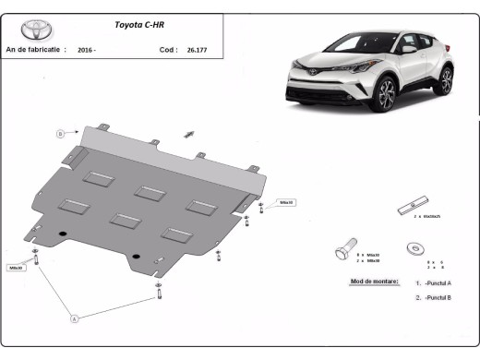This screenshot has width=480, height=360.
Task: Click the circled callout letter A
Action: pyautogui.click(x=74, y=318)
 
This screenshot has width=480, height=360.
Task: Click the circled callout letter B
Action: pyautogui.click(x=61, y=134)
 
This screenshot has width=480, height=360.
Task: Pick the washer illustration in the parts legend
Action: pyautogui.click(x=415, y=248)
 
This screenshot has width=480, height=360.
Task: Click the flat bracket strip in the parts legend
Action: pyautogui.click(x=414, y=205)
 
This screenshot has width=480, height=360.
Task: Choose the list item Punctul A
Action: pyautogui.click(x=437, y=282)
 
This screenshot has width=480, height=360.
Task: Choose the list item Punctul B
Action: pyautogui.click(x=437, y=297)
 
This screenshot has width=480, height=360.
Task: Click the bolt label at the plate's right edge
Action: pyautogui.click(x=286, y=202)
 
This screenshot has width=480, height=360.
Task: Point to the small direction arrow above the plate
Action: pyautogui.click(x=191, y=134)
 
